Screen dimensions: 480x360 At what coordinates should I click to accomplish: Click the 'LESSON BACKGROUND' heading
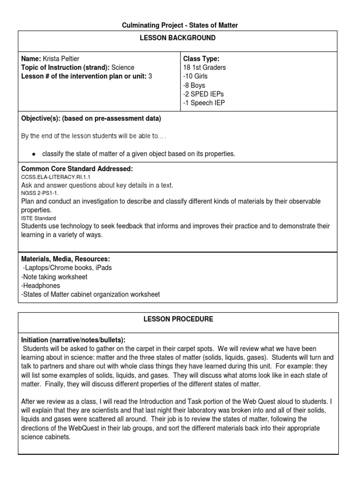[178, 38]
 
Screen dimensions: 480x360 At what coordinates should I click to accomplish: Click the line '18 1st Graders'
[205, 67]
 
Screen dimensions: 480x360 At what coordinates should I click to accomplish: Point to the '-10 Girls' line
[195, 76]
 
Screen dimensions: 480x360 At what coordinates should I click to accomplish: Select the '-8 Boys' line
[194, 85]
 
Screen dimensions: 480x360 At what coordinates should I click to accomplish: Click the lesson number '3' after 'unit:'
[150, 76]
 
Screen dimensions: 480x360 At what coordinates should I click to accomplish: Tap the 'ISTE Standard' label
[38, 218]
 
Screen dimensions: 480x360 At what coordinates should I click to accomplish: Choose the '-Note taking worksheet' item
[54, 277]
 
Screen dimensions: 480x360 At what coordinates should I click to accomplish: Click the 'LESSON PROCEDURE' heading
[178, 319]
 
